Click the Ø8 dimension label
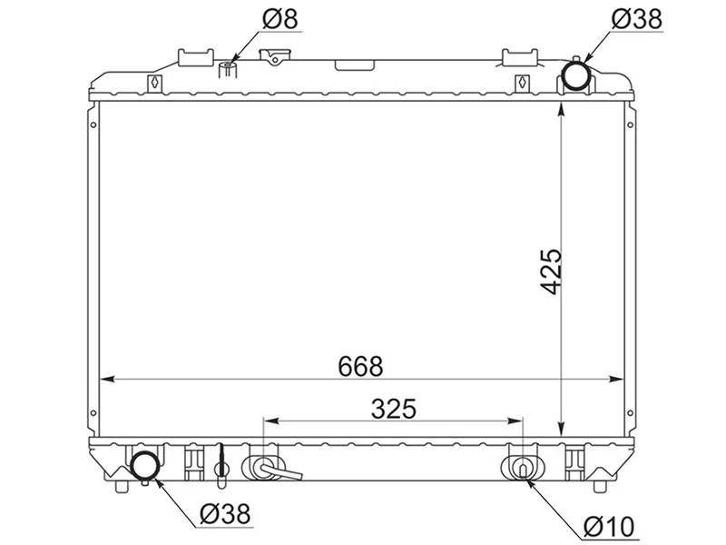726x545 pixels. click(280, 19)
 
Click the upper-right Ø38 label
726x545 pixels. click(637, 19)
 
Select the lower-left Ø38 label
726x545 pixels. click(224, 513)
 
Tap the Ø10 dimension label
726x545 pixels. click(609, 527)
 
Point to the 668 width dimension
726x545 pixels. click(360, 366)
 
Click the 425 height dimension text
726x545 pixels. click(552, 272)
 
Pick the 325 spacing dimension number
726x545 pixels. click(394, 408)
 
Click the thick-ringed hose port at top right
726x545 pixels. click(576, 76)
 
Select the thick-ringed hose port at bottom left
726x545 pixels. click(145, 466)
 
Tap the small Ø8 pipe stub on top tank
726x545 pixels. click(228, 70)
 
